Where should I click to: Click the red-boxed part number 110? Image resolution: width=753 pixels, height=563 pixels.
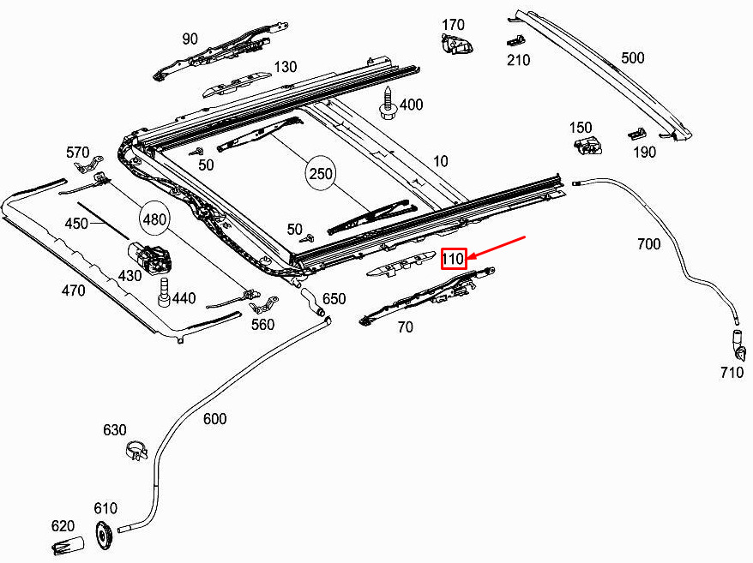[x=454, y=259]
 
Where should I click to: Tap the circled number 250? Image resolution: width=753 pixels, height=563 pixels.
[x=320, y=173]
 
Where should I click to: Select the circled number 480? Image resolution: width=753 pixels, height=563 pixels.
[x=154, y=220]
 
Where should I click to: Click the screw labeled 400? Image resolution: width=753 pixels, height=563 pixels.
[x=388, y=103]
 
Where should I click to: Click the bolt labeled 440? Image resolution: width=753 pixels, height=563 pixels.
[x=165, y=292]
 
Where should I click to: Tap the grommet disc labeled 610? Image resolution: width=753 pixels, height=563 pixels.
[x=105, y=534]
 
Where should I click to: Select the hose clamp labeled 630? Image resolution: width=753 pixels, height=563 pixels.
[x=137, y=450]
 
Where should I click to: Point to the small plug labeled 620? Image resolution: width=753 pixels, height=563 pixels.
[x=68, y=545]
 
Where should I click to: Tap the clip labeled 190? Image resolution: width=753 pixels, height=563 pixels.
[x=636, y=134]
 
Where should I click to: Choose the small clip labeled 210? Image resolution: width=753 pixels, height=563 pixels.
[x=515, y=40]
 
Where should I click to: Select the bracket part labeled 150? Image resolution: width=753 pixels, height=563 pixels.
[x=587, y=145]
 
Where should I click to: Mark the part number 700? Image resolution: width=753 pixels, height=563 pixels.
[x=648, y=244]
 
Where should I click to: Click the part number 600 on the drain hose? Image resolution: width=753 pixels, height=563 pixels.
[x=214, y=419]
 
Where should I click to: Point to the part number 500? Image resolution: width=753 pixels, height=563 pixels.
[x=632, y=58]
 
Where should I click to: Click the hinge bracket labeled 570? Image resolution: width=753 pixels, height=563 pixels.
[x=89, y=164]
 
